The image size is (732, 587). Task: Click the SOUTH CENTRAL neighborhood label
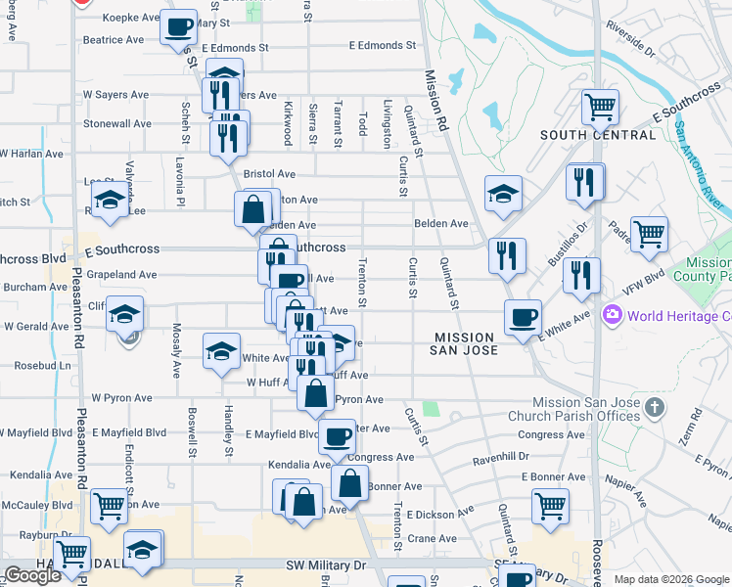pos(598,135)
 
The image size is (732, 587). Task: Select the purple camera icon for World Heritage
pos(614,315)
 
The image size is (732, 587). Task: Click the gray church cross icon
pos(655,404)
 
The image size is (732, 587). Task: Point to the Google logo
pos(32,575)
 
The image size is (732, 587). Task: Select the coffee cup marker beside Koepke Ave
pos(180,28)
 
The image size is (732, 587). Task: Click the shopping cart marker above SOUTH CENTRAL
pos(600,106)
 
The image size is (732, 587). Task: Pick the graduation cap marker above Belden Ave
pos(503,194)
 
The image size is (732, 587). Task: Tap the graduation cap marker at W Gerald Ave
pos(125,315)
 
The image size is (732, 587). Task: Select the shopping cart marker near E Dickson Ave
pos(550,506)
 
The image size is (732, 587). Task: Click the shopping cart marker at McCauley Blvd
pos(109,506)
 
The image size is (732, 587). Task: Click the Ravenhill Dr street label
pos(500,457)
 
